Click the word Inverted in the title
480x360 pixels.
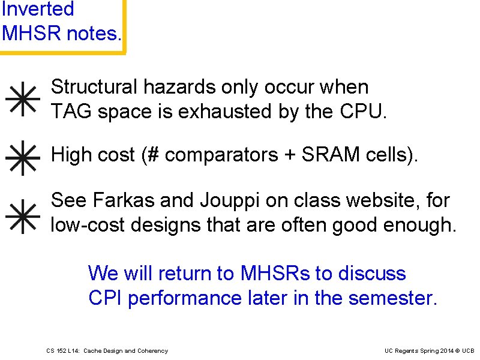pyautogui.click(x=37, y=9)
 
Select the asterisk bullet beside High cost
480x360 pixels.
pyautogui.click(x=23, y=157)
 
